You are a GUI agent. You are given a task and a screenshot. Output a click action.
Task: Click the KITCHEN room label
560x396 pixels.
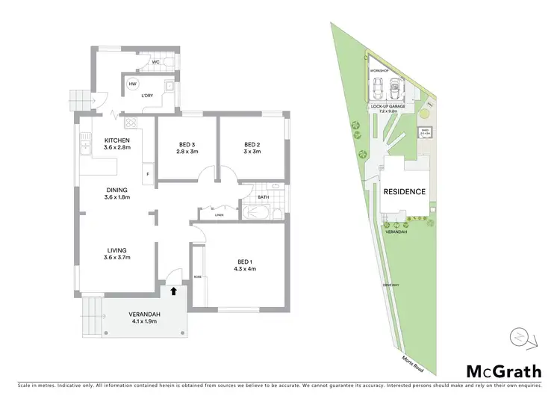point(118,140)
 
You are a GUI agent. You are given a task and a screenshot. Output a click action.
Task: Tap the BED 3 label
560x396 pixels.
point(187,145)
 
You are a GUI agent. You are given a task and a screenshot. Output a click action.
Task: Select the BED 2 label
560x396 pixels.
point(252,145)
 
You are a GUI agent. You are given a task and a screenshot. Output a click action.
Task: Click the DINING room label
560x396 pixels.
point(117,190)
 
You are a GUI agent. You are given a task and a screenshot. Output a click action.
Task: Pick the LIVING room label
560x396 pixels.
point(116,250)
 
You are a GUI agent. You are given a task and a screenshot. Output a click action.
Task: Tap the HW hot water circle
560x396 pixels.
point(132,84)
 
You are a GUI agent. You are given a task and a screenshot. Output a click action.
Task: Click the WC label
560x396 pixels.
point(155,62)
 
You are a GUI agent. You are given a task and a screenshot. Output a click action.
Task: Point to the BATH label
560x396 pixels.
point(263,198)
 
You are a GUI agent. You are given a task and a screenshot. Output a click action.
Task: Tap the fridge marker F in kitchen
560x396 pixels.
point(148,175)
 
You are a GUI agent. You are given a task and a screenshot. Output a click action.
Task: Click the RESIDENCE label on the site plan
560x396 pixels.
point(405,192)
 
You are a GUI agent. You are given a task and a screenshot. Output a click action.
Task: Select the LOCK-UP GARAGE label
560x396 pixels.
point(386,107)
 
